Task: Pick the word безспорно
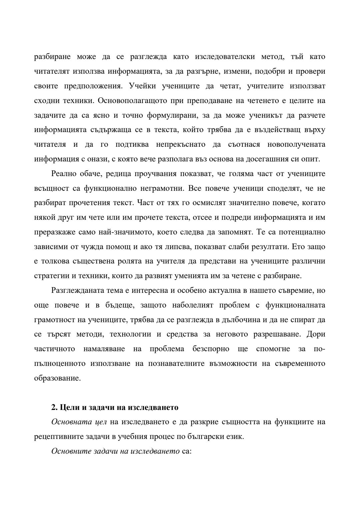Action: pos(211,349)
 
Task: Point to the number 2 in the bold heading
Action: pos(53,408)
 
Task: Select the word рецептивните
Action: pos(58,437)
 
